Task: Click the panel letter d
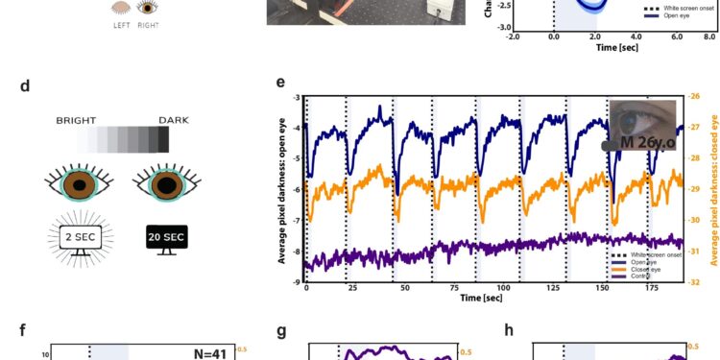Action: click(x=25, y=86)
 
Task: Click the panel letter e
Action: click(x=280, y=83)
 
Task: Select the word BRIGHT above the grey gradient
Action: click(x=75, y=120)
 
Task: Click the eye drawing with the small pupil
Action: click(x=81, y=182)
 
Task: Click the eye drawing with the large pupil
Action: click(x=165, y=182)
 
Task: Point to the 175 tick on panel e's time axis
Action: click(x=654, y=288)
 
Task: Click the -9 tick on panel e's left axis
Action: click(x=297, y=281)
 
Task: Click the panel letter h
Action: click(x=509, y=330)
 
